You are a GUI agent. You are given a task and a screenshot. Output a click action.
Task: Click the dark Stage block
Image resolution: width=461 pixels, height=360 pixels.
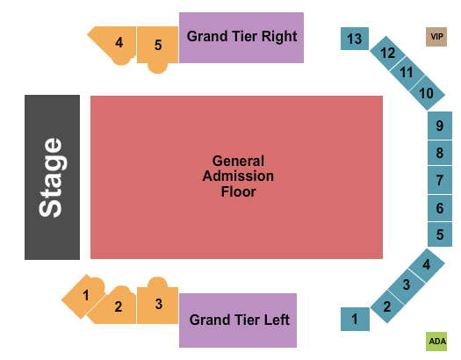tap(52, 177)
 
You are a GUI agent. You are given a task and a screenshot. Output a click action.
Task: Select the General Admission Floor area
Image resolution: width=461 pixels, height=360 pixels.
tap(236, 177)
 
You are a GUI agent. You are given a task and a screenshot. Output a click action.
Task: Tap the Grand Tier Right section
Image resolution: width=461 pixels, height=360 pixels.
tap(241, 38)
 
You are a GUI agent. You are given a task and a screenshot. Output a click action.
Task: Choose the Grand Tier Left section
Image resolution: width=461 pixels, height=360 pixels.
tap(238, 320)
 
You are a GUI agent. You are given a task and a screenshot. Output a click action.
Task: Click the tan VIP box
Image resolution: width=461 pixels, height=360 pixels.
tap(436, 37)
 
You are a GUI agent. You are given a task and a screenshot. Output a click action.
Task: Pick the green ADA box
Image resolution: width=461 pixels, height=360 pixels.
tap(436, 342)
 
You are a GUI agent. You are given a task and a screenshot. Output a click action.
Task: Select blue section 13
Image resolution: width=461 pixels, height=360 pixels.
tap(355, 39)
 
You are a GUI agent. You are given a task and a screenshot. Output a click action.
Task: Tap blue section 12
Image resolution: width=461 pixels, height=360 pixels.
tap(387, 54)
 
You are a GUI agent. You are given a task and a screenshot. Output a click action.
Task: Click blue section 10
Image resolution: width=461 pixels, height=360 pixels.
tap(427, 93)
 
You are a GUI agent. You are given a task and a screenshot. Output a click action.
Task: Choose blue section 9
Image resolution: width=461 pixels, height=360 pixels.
tap(440, 126)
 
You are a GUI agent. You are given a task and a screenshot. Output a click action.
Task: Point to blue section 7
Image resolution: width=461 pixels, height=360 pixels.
tap(440, 180)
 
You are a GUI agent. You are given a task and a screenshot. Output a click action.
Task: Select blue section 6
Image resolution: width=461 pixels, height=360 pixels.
tap(440, 208)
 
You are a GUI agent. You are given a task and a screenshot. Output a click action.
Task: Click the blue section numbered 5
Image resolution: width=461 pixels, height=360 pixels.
tap(440, 234)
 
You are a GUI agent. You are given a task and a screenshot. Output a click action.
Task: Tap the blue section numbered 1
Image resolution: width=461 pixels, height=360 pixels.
tap(355, 319)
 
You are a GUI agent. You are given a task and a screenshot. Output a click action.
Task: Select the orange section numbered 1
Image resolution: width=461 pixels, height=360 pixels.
tap(83, 296)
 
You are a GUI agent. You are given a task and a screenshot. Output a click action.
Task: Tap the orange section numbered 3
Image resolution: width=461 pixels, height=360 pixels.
tap(158, 303)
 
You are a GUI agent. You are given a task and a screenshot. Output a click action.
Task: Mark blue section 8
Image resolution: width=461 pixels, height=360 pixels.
tap(440, 153)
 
